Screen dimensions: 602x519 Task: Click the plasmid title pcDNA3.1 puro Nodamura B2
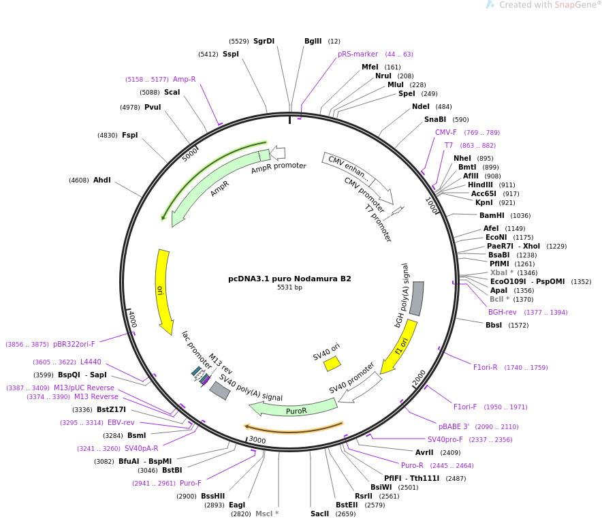(x=289, y=279)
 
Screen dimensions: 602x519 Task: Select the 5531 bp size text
(x=289, y=287)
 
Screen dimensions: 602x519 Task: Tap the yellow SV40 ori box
(x=332, y=363)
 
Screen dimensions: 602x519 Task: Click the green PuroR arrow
(x=294, y=409)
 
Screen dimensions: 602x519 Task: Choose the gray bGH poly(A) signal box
(x=417, y=298)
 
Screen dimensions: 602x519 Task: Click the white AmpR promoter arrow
(x=278, y=153)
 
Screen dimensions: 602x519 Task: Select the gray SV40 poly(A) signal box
(x=219, y=391)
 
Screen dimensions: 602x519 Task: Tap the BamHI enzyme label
(x=492, y=215)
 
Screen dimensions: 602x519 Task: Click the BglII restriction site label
(x=313, y=41)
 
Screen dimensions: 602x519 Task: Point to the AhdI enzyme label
(x=101, y=180)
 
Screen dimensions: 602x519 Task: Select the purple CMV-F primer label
(x=446, y=132)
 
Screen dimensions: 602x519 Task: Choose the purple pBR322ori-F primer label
(x=74, y=345)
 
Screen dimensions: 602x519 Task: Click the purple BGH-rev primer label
(x=502, y=312)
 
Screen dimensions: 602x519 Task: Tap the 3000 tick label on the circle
(x=257, y=440)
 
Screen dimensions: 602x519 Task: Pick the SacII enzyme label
(x=320, y=514)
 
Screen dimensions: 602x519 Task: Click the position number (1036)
(x=520, y=216)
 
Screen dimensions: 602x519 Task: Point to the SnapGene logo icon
(x=490, y=5)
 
